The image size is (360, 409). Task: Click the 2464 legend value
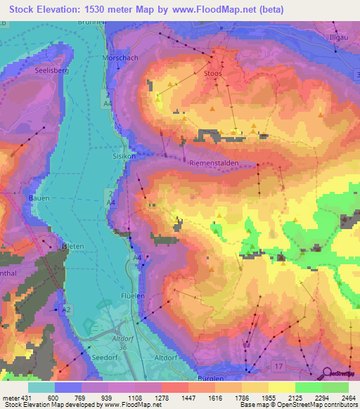click(x=348, y=398)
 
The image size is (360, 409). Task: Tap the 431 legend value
click(x=27, y=398)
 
